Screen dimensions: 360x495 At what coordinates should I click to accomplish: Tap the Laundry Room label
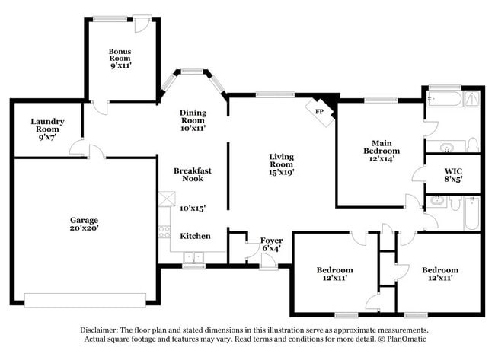coord(46,122)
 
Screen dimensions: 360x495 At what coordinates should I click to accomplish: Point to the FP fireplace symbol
coord(320,110)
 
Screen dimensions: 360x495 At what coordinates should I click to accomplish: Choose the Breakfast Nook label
coord(192,174)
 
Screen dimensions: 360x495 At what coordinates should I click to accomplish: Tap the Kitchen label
coord(195,236)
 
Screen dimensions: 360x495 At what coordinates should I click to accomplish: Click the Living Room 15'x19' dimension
coord(281,172)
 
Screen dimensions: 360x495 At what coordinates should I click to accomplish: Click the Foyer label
coord(271,241)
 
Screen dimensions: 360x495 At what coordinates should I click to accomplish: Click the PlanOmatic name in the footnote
coord(408,339)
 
